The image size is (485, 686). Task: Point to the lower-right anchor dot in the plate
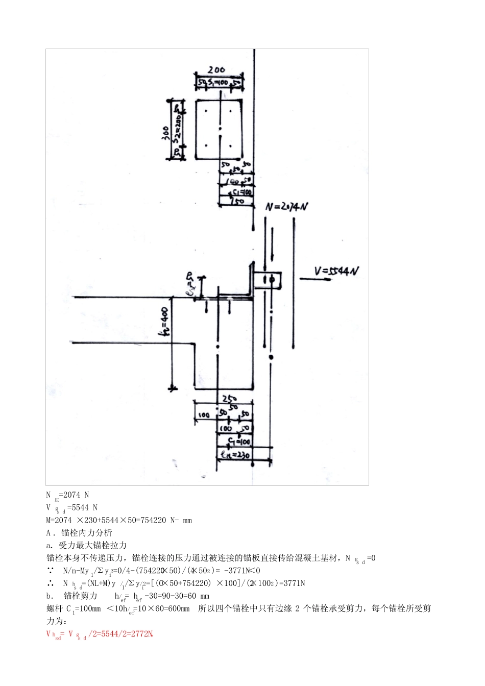[x=231, y=146]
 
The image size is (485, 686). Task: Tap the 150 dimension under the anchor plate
[x=236, y=201]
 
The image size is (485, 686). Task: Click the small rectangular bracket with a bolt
[x=267, y=280]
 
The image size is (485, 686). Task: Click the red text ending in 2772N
[x=100, y=634]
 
